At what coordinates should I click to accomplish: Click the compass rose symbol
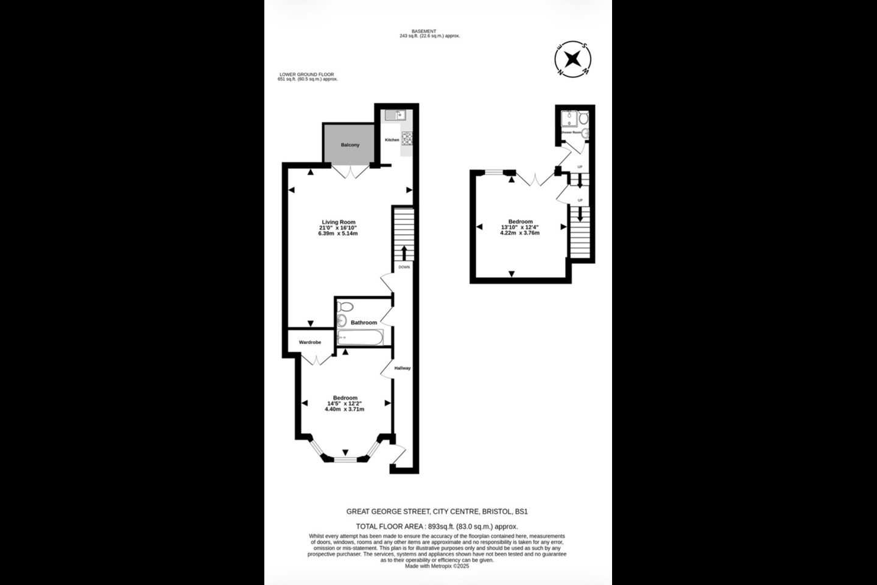pos(572,59)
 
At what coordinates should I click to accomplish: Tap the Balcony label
pos(350,145)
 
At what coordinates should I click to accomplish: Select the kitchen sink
pos(392,115)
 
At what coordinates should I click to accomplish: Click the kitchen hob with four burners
pos(406,139)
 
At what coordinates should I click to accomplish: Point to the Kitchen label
pos(392,140)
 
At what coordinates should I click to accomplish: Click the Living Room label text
pos(338,222)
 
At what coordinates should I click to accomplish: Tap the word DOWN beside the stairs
pos(404,267)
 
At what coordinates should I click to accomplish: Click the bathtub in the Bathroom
pos(360,337)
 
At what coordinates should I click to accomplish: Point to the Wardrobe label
pos(309,342)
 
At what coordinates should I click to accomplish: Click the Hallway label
pos(402,368)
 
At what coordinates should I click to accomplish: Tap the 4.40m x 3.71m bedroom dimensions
pos(344,409)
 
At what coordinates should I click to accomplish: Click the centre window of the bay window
pos(345,459)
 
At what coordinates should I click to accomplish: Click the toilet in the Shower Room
pos(583,118)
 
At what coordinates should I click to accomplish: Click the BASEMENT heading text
pos(424,31)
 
